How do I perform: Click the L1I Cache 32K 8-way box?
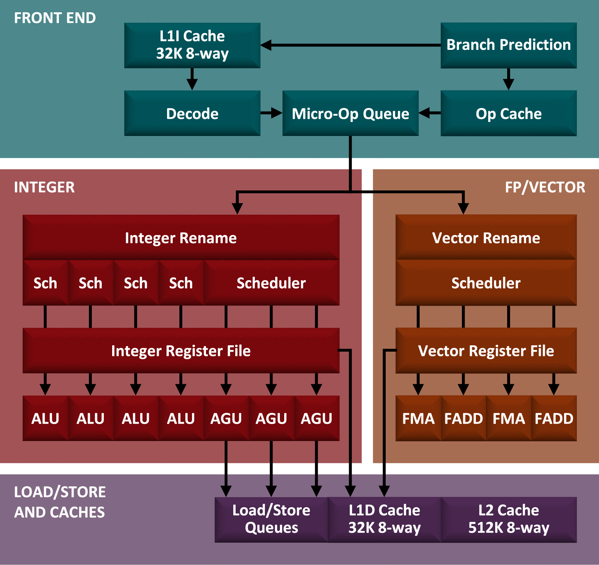[x=192, y=45]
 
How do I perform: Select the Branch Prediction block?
[x=508, y=45]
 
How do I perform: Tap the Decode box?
[x=192, y=113]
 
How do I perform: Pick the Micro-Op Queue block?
[x=350, y=113]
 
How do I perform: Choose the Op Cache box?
[x=508, y=113]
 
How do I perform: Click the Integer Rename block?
[x=181, y=237]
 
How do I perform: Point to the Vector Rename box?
[x=486, y=237]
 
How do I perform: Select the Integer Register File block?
[x=181, y=350]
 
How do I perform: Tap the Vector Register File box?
[x=486, y=350]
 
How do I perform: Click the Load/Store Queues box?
[x=271, y=519]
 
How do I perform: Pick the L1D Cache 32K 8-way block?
[x=384, y=519]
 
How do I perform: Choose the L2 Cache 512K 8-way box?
[x=508, y=519]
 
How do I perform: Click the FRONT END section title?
[x=55, y=18]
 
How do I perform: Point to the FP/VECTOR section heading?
[x=545, y=187]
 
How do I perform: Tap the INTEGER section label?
[x=44, y=187]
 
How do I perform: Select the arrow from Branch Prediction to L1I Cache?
[x=349, y=45]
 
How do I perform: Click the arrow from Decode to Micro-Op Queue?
[x=271, y=113]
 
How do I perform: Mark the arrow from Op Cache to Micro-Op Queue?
[x=430, y=113]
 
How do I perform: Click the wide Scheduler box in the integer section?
[x=271, y=283]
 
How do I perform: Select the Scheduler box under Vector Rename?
[x=486, y=283]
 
